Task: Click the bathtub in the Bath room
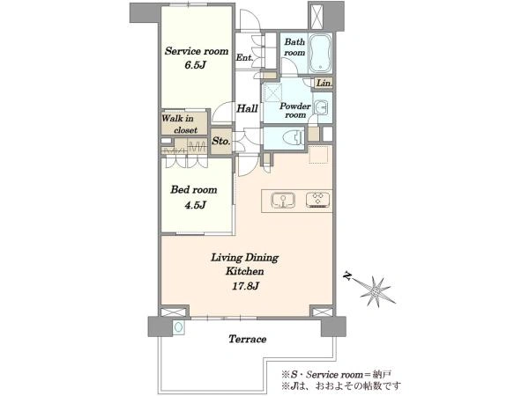click(320, 53)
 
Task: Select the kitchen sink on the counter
click(283, 201)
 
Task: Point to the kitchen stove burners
click(317, 200)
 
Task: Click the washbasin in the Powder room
click(320, 108)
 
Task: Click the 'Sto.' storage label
click(221, 141)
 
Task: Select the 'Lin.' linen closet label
click(324, 83)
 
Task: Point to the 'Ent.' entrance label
click(244, 57)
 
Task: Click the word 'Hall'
click(247, 108)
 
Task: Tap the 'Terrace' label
click(247, 339)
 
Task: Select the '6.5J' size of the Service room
click(195, 65)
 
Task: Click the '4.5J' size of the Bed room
click(195, 205)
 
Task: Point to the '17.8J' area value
click(245, 286)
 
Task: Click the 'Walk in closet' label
click(179, 124)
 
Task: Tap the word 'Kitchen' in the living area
click(244, 271)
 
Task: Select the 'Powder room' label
click(295, 111)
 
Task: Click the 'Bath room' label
click(294, 48)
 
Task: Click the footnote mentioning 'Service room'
click(337, 375)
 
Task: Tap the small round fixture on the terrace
click(178, 327)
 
